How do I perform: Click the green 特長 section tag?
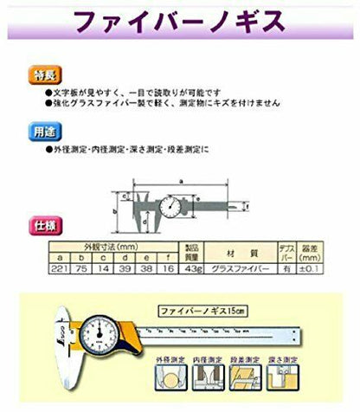[43, 74]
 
